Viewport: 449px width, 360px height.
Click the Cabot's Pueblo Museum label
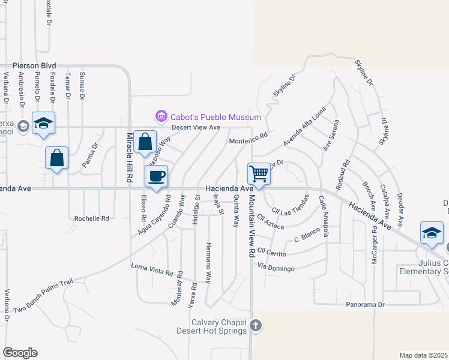[215, 117]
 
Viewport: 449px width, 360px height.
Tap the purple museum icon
[160, 116]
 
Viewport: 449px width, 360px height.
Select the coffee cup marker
[157, 176]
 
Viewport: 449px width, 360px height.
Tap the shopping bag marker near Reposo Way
[145, 142]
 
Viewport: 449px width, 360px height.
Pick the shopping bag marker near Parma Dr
[56, 158]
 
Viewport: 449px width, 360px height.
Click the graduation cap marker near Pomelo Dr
[43, 123]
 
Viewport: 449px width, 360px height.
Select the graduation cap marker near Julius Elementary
[432, 233]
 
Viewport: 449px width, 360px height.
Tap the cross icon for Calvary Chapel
[256, 326]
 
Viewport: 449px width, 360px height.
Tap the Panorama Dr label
[365, 305]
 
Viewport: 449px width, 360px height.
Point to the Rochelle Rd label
[91, 219]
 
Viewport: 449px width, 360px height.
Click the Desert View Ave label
[196, 127]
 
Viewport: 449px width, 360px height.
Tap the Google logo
[20, 352]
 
